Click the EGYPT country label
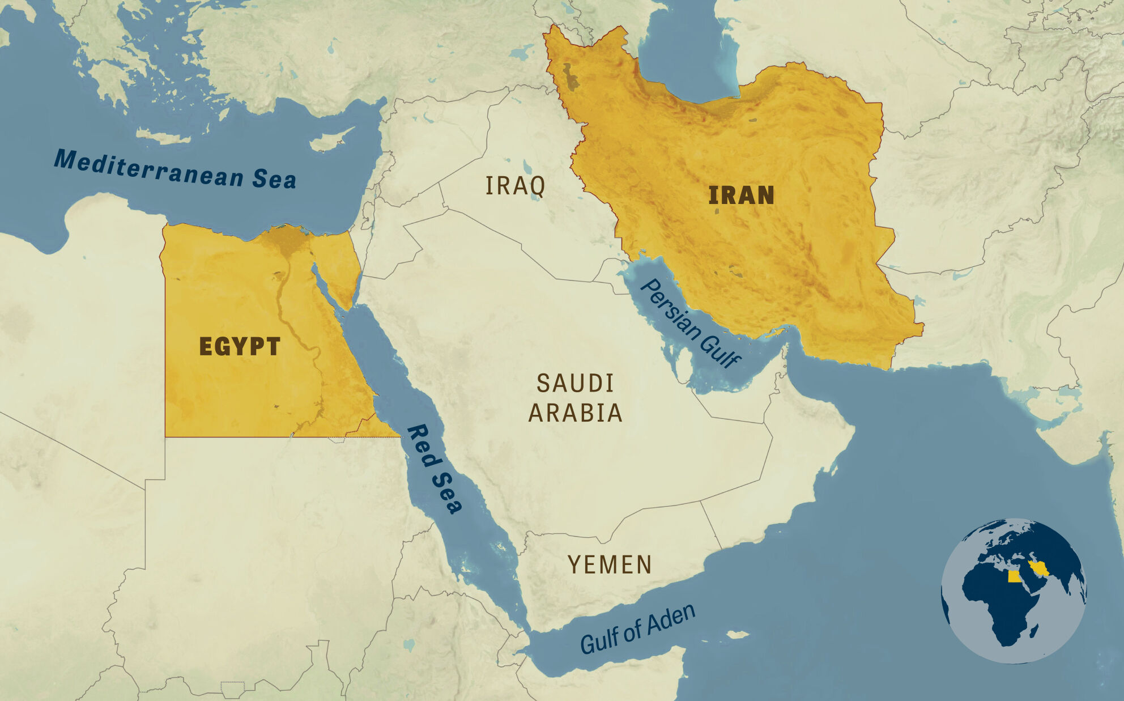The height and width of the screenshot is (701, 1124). pyautogui.click(x=240, y=346)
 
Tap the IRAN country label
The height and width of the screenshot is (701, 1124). pyautogui.click(x=741, y=196)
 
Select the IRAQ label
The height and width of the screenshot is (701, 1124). pyautogui.click(x=515, y=186)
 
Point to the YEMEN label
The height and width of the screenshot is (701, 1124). pyautogui.click(x=610, y=564)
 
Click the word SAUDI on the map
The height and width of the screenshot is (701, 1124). pyautogui.click(x=575, y=384)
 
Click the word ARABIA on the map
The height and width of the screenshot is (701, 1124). pyautogui.click(x=575, y=413)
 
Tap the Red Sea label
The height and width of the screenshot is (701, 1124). pyautogui.click(x=435, y=469)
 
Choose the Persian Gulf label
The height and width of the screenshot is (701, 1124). pyautogui.click(x=690, y=323)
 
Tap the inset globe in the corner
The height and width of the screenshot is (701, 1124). pyautogui.click(x=1014, y=590)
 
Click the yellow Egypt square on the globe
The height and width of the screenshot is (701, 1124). pyautogui.click(x=1015, y=576)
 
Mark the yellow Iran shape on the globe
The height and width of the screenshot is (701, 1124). pyautogui.click(x=1039, y=568)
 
